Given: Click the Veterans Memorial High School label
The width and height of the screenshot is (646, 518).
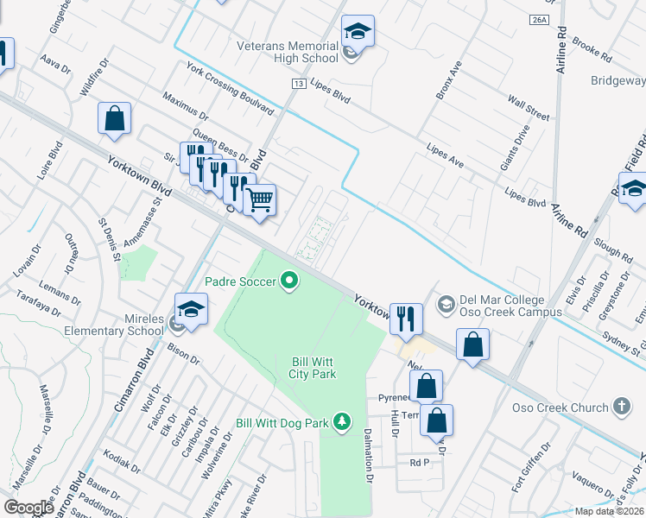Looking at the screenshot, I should click(288, 52).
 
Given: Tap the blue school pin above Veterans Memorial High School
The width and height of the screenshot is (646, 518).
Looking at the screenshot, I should click(358, 33).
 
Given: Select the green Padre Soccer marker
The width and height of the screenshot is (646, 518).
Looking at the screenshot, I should click(289, 281).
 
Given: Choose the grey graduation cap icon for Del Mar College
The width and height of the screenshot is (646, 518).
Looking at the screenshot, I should click(446, 303).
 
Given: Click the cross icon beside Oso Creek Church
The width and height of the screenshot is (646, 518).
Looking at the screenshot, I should click(620, 406).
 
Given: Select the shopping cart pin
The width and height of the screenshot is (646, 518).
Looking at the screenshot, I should click(258, 201).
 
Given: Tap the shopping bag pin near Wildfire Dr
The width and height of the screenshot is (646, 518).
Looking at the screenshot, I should click(115, 120).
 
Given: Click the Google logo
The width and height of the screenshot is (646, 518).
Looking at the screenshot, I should click(28, 508).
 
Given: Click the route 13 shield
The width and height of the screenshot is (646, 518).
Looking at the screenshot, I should click(299, 83).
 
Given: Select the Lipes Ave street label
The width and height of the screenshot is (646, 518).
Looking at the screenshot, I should click(446, 155).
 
